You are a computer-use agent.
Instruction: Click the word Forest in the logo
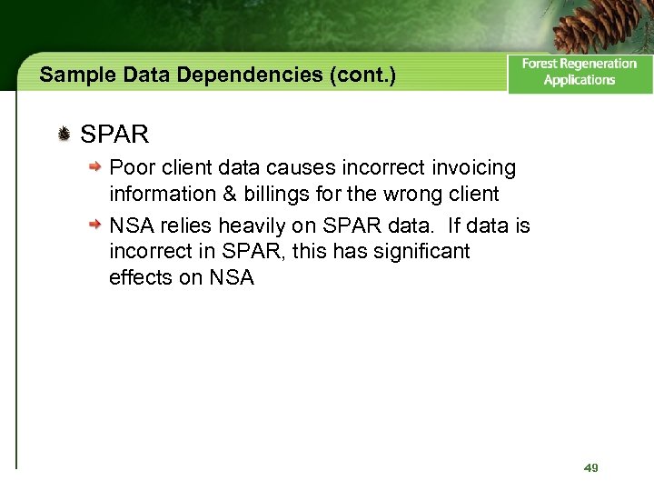[x=542, y=64]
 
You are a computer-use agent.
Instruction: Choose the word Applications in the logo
[x=580, y=80]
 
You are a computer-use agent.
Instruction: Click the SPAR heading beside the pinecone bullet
[x=114, y=135]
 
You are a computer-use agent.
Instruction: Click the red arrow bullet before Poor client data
[x=94, y=168]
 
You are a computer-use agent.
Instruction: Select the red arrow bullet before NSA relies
[x=94, y=224]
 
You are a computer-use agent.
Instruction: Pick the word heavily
[x=249, y=224]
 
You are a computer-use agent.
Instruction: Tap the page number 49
[x=590, y=467]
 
